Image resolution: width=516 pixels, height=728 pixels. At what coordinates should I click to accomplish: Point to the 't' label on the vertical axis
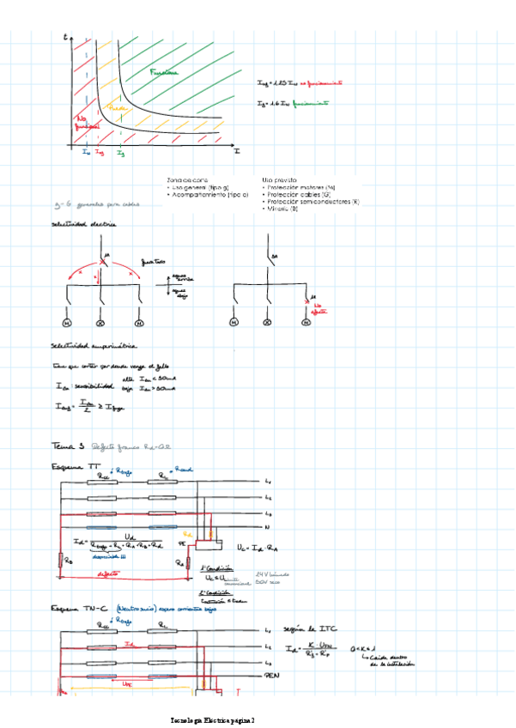pos(66,39)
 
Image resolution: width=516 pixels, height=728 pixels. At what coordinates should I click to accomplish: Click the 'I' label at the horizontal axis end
pos(236,151)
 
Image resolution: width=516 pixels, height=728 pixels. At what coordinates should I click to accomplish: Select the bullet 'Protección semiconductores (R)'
pos(312,202)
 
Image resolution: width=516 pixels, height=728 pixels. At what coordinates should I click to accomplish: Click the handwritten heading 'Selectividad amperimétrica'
pos(91,346)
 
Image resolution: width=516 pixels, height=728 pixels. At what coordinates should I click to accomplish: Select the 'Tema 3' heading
pos(69,446)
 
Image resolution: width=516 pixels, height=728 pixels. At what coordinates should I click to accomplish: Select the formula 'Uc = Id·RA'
pos(259,547)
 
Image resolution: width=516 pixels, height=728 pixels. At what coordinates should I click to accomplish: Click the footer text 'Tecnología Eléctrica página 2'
pos(214,718)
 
